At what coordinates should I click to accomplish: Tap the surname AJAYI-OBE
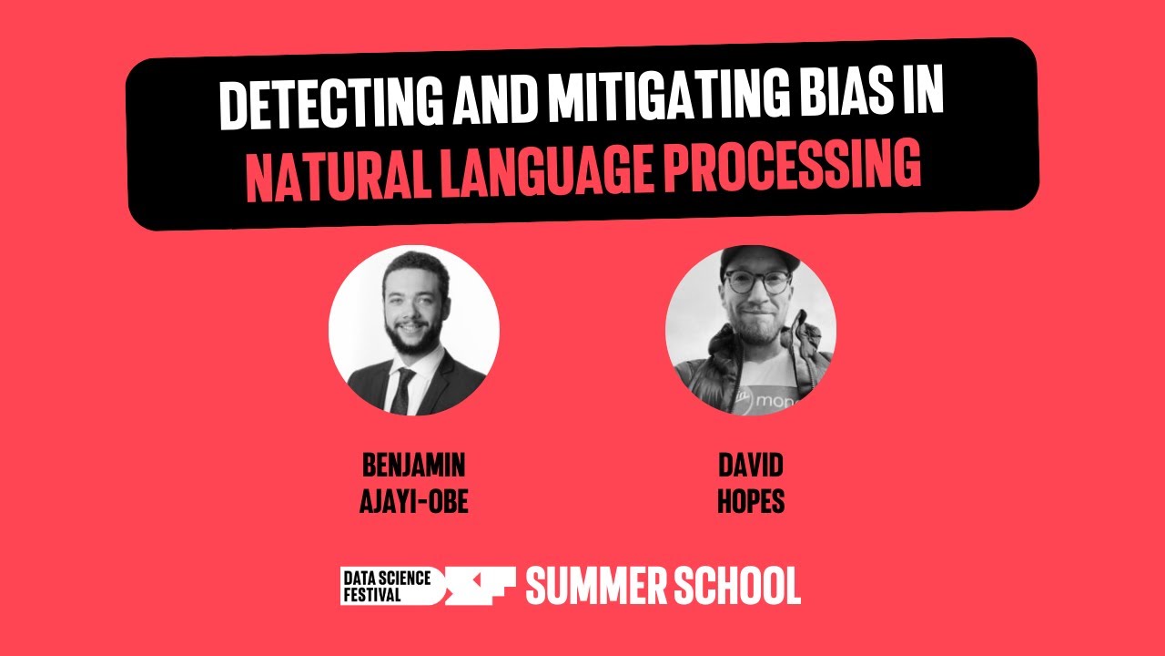coord(413,502)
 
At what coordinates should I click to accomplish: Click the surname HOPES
coord(750,502)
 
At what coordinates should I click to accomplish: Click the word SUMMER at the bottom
coord(597,587)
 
